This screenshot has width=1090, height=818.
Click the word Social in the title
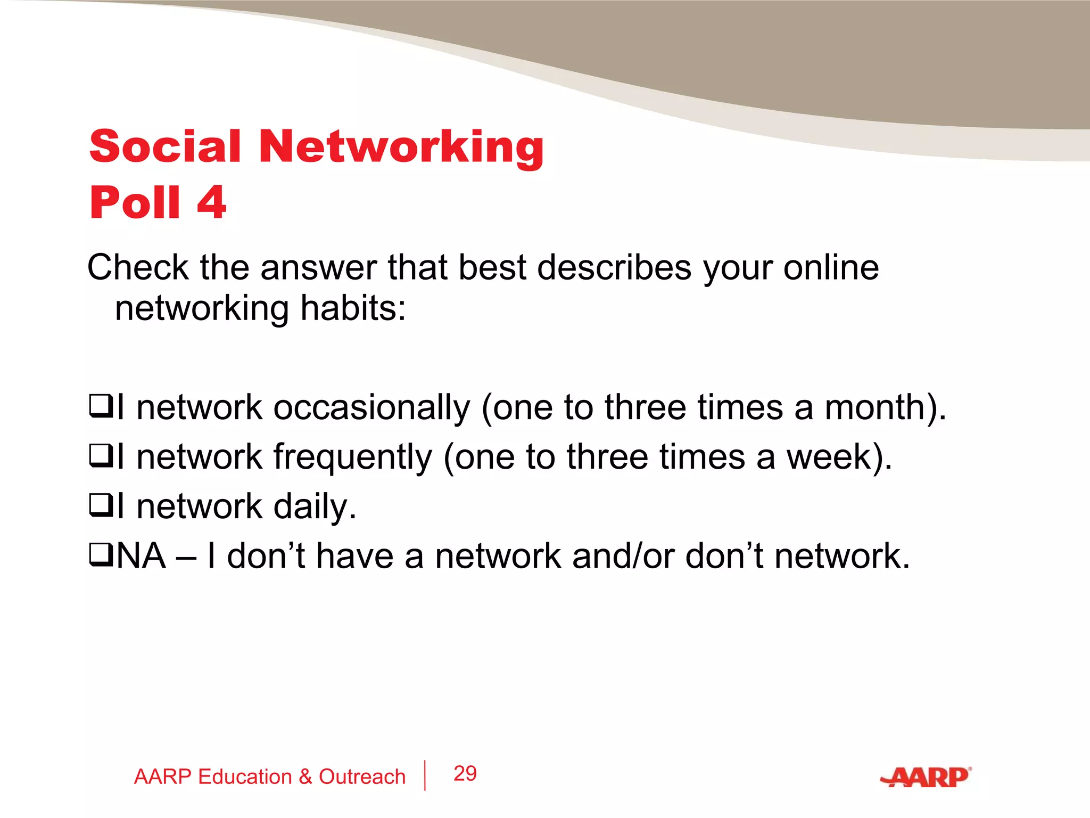165,146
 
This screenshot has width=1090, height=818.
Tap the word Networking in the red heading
401,148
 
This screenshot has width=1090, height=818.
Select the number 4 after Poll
211,202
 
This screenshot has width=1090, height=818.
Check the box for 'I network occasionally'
100,407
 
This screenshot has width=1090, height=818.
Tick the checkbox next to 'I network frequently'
100,456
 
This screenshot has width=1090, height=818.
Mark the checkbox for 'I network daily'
100,506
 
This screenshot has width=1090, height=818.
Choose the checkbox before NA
100,555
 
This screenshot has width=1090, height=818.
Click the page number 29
465,774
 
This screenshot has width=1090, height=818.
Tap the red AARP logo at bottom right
926,778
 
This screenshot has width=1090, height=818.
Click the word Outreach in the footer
362,777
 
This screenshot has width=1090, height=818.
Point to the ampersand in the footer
305,777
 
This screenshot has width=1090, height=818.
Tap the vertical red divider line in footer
425,775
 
